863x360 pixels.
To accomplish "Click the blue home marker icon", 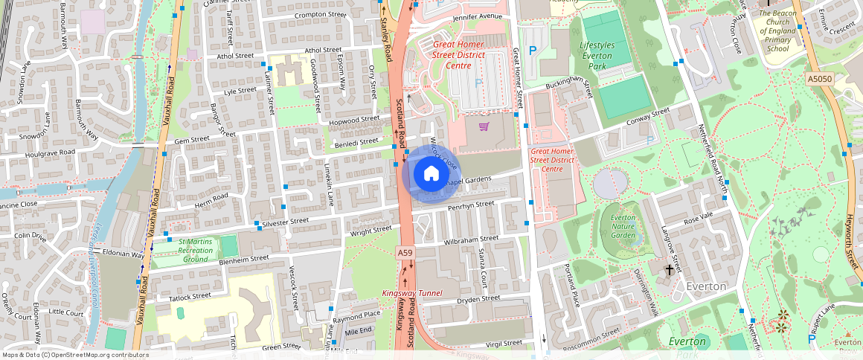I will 431,174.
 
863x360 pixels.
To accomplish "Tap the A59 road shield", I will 405,253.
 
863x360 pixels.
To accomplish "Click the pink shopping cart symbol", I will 484,126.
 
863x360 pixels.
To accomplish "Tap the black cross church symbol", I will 669,269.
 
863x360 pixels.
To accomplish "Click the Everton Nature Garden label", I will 623,226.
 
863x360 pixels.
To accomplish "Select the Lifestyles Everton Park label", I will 597,56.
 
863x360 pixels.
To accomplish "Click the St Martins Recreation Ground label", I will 195,251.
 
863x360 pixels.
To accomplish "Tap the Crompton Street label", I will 320,14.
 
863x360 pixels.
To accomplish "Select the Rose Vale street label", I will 698,216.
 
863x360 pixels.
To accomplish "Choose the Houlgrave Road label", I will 50,152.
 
